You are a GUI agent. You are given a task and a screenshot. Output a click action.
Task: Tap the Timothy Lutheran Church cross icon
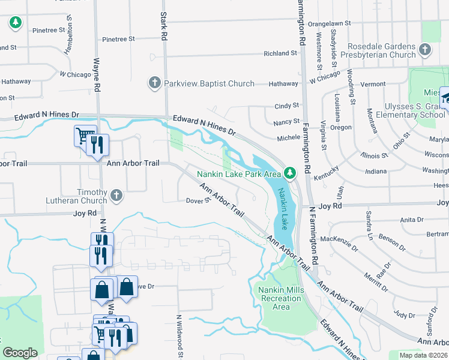pos(116,195)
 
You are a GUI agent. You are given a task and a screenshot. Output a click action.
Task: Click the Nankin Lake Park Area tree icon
pos(290,173)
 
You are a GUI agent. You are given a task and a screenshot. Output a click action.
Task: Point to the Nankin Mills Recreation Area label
pos(280,298)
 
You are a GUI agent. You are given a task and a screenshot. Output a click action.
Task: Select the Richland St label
pos(280,53)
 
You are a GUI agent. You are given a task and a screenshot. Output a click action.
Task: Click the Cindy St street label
pos(286,106)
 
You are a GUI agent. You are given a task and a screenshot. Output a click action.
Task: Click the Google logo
pos(20,353)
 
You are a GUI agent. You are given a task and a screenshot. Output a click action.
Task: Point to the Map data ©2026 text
pos(423,355)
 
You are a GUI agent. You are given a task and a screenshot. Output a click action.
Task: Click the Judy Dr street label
pos(404,315)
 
